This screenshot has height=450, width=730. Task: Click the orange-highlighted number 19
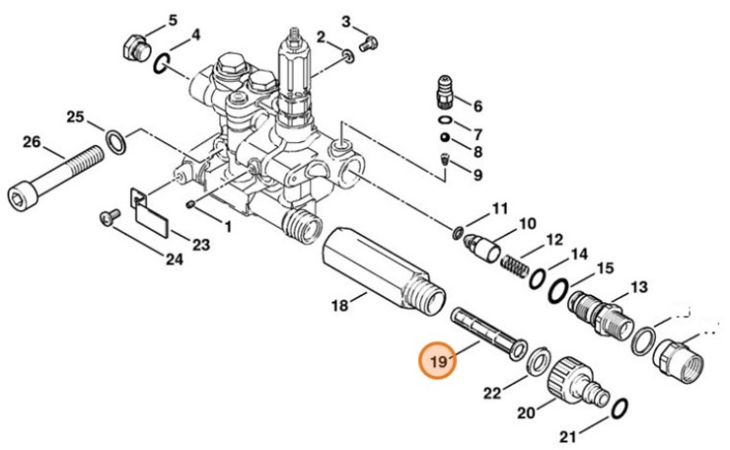tap(439, 361)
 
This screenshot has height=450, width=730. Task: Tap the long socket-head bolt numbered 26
tap(55, 177)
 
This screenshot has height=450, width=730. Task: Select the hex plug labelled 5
tap(136, 48)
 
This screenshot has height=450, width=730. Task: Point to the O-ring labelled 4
tap(160, 64)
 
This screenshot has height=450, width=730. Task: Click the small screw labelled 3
tap(368, 43)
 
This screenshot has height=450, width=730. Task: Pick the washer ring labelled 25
tap(115, 142)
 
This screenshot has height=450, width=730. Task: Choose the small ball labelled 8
tap(446, 138)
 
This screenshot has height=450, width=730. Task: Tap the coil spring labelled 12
tap(514, 266)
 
